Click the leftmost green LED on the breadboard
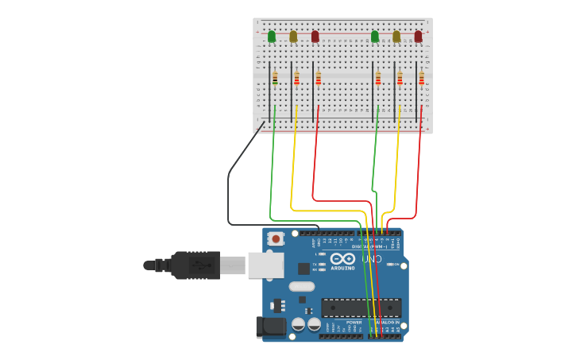(x=272, y=36)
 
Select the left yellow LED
(x=293, y=36)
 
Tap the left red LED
(x=315, y=36)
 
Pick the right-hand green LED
(x=375, y=36)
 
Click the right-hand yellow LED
(x=396, y=36)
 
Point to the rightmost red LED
(x=418, y=36)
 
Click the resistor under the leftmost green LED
(x=275, y=78)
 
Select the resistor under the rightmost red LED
(x=421, y=78)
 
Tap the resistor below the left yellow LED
(x=296, y=78)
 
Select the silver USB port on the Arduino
(x=265, y=265)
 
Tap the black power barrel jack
(x=270, y=327)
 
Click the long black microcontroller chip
(x=361, y=308)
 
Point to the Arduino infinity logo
(x=342, y=259)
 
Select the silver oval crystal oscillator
(x=302, y=286)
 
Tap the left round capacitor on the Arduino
(x=299, y=324)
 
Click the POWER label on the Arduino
(x=354, y=322)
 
